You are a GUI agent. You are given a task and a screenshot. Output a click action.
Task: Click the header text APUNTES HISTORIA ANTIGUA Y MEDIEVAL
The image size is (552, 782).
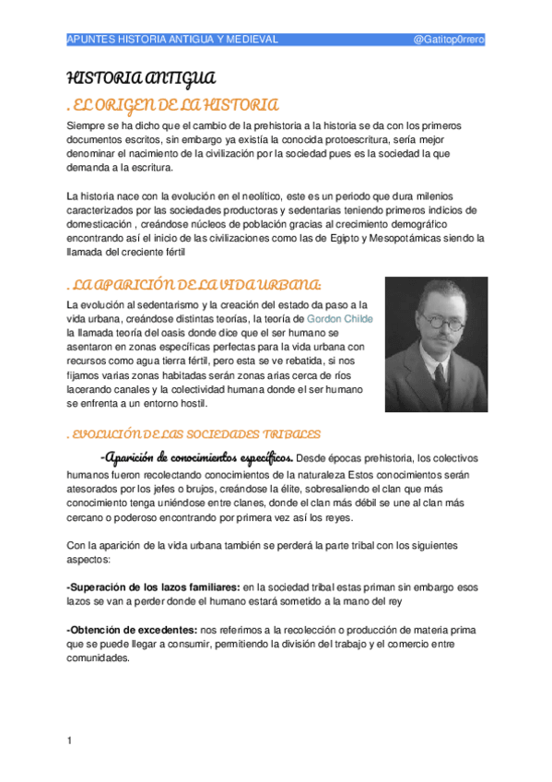(173, 40)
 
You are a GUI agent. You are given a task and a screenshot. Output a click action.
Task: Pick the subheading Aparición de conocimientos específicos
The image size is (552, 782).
(198, 458)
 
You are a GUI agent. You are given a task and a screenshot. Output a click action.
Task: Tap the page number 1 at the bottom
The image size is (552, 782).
(70, 741)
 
